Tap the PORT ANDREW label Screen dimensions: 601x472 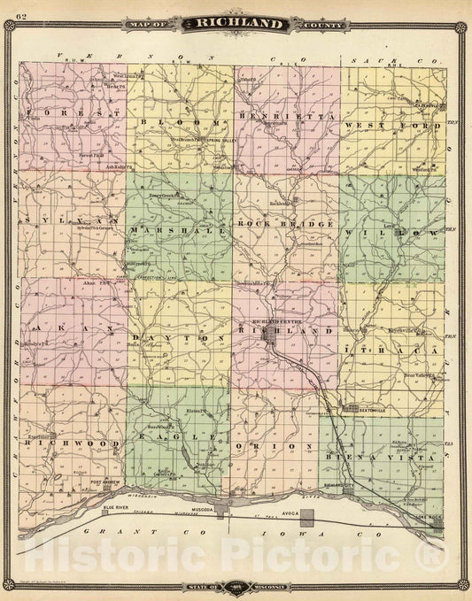point(104,482)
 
